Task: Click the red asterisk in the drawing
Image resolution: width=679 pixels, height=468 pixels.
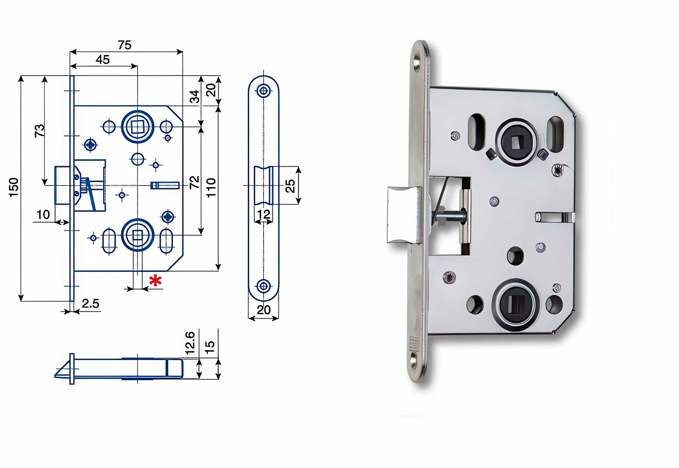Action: (155, 281)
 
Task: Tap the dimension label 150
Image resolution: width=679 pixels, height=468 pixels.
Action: (14, 187)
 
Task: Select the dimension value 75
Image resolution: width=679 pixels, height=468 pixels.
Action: (124, 45)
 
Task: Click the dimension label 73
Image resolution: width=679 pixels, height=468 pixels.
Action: (40, 131)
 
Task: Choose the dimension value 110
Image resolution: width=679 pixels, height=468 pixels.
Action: (211, 188)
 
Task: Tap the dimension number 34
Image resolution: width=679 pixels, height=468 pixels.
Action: (195, 96)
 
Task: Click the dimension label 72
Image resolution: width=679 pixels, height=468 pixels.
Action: (194, 182)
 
